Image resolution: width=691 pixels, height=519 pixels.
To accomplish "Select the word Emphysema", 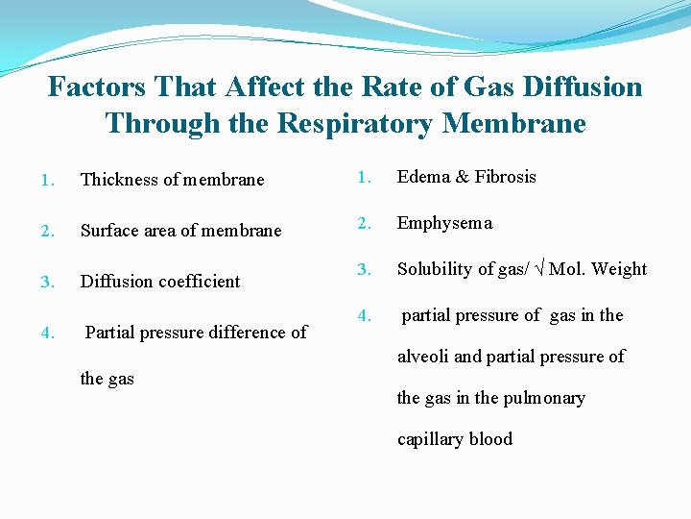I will [444, 224].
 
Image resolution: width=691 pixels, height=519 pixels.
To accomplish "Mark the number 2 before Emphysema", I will [363, 224].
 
